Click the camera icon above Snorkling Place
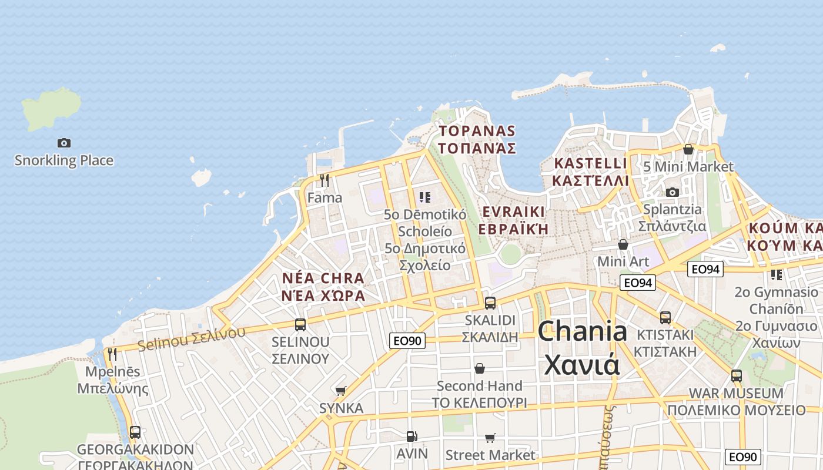coord(64,143)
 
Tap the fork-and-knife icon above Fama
coord(324,180)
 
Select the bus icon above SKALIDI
coord(490,303)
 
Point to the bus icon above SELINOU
coord(300,324)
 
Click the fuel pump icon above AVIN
coord(412,436)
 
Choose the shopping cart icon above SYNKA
coord(340,391)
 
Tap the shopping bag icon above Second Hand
coord(480,368)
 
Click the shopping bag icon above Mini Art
coord(623,244)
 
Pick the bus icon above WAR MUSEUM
coord(737,375)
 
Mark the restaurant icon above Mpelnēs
coord(112,354)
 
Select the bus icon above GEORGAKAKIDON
coord(135,432)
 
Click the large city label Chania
coord(582,332)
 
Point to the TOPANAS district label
coord(477,131)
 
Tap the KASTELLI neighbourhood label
coord(590,163)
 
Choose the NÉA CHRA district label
coord(323,277)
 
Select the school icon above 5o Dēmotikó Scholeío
coord(425,197)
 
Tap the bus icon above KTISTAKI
coord(665,317)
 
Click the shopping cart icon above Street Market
coord(490,438)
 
